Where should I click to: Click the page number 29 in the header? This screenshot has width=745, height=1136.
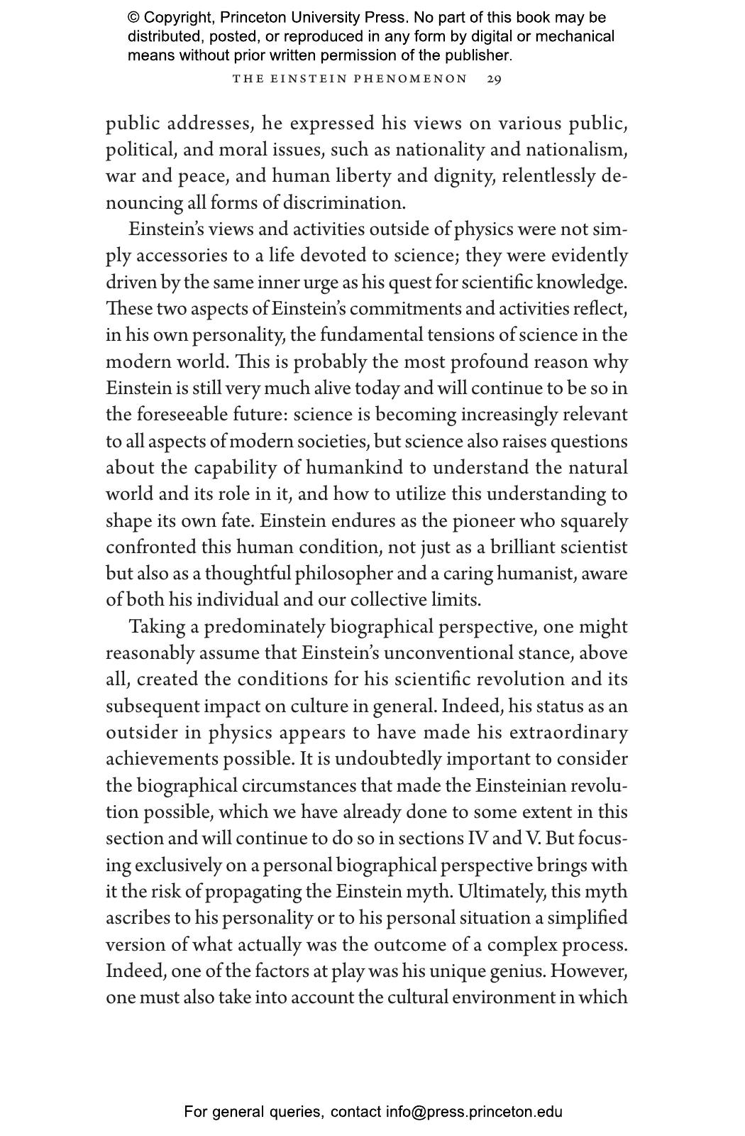[494, 79]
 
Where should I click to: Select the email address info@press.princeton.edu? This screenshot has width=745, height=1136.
[474, 1112]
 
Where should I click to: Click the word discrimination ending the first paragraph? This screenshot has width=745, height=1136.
[343, 203]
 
